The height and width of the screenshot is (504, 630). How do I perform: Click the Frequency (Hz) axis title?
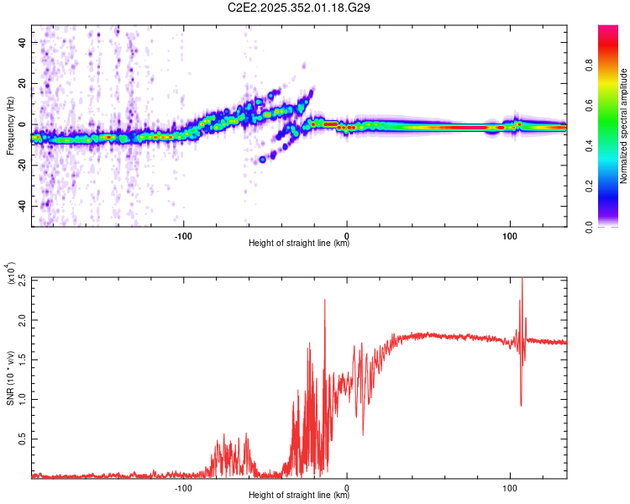[x=9, y=126]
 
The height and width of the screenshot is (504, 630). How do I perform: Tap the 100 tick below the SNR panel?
[x=509, y=487]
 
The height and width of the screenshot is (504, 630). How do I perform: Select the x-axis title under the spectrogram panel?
[x=299, y=244]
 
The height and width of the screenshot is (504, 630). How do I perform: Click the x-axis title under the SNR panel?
[x=299, y=496]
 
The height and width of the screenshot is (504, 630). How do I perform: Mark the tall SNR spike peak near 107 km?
[x=522, y=280]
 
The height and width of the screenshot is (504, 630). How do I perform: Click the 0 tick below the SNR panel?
[x=347, y=487]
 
